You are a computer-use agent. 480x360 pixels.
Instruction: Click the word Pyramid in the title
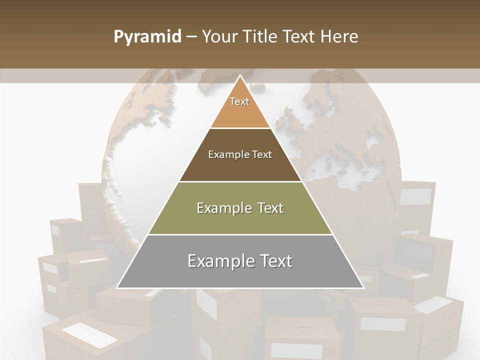[x=147, y=37]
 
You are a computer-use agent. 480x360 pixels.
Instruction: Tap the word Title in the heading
[x=263, y=37]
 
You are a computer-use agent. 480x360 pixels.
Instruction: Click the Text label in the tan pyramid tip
[x=239, y=101]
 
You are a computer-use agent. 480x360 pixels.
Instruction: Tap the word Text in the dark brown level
[x=262, y=154]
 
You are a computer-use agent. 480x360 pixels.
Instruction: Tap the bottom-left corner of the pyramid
[x=117, y=288]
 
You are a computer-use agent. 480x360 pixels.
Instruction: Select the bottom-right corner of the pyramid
[x=363, y=288]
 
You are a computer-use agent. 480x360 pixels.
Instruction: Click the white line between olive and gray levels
[x=240, y=234]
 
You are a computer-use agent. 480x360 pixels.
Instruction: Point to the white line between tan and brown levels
[x=240, y=128]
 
